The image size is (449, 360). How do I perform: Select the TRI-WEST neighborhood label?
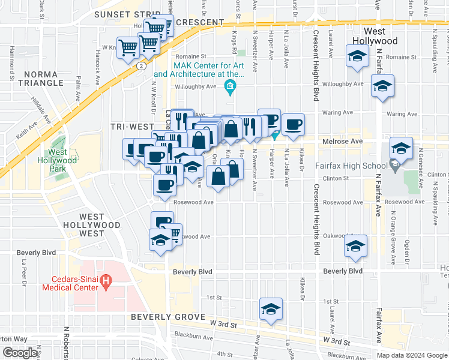[129, 127]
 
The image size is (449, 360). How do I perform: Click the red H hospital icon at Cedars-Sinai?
[106, 280]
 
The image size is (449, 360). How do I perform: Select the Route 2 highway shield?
[139, 64]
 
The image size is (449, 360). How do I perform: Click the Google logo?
[20, 353]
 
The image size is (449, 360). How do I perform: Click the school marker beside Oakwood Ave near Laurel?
[355, 246]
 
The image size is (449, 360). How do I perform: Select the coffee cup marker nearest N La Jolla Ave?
[293, 125]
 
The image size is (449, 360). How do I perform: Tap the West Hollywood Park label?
[63, 160]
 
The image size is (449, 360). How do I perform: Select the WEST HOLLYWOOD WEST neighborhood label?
[100, 224]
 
